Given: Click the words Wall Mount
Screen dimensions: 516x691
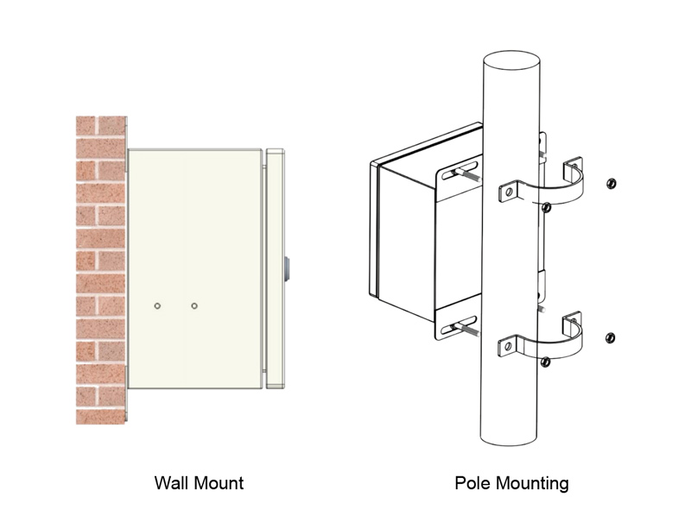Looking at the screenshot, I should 198,482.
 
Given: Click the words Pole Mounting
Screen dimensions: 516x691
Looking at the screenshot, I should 511,482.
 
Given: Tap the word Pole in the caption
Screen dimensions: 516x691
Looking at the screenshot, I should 472,482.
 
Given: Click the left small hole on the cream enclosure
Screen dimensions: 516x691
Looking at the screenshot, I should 157,306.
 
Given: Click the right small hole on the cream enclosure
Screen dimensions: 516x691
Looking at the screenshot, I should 194,306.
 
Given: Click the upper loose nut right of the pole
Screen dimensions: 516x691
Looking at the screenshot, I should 611,183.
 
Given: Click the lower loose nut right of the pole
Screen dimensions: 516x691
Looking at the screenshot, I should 611,337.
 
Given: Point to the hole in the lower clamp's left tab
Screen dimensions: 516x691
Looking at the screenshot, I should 510,347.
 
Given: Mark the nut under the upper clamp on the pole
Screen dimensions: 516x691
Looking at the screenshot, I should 546,207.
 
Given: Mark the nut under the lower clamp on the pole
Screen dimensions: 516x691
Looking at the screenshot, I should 545,363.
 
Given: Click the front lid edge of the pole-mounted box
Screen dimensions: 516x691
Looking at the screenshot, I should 375,229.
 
